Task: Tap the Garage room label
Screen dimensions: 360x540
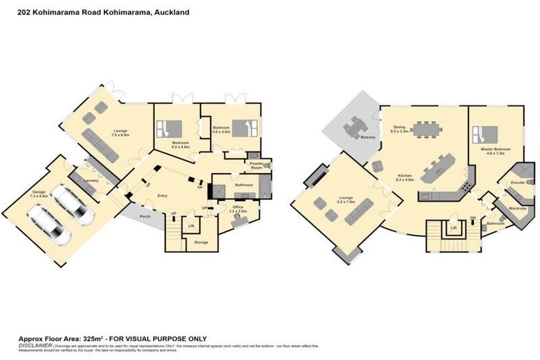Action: (39, 191)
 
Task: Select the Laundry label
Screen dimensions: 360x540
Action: (89, 180)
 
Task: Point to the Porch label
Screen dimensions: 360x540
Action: (146, 216)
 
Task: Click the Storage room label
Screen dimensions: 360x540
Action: (200, 242)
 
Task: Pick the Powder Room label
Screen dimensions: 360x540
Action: (256, 165)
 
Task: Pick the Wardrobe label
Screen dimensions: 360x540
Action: (517, 208)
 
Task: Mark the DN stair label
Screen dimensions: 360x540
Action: (473, 217)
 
